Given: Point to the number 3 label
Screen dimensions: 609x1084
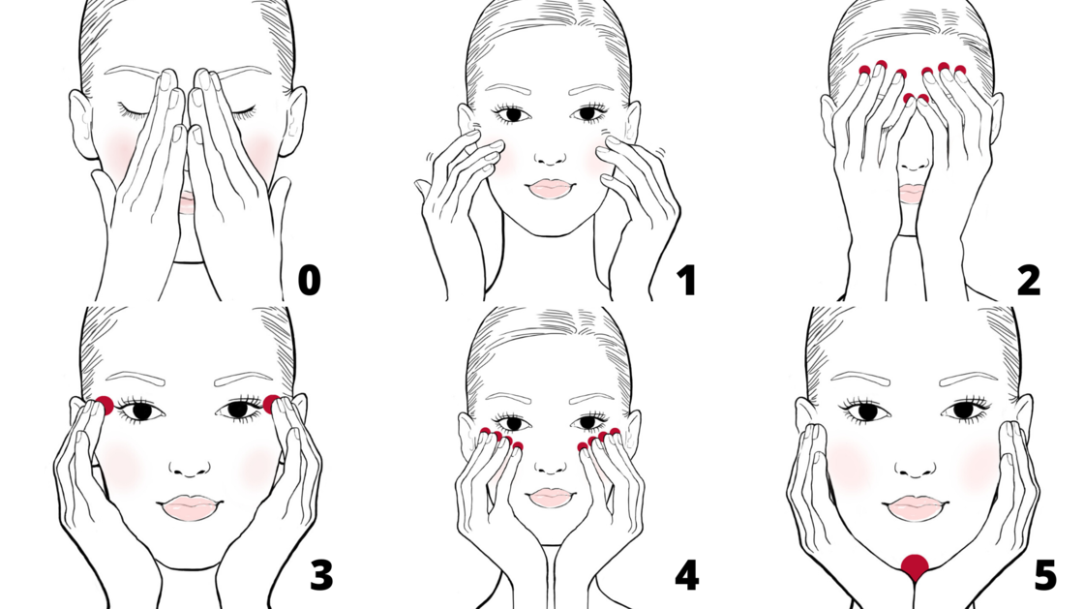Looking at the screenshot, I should [x=320, y=574].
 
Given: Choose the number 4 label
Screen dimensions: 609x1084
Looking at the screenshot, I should [x=686, y=574].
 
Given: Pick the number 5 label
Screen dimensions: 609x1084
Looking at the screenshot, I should [x=1045, y=574].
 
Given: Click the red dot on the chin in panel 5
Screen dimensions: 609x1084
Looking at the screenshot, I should [x=915, y=567].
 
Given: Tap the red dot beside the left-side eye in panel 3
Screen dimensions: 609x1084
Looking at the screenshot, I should [x=105, y=406].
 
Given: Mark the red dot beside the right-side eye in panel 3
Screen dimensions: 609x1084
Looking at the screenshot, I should [x=272, y=404].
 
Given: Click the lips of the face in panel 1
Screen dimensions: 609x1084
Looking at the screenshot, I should [x=551, y=189].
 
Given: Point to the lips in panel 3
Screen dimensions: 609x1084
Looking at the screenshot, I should [x=190, y=507].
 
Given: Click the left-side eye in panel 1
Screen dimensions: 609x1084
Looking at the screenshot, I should [x=512, y=114].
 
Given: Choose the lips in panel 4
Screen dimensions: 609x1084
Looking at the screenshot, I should [x=551, y=497].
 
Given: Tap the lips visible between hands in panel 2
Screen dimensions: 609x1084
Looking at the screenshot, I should [x=912, y=194].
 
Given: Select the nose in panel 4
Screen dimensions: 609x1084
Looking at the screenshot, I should [x=551, y=466].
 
